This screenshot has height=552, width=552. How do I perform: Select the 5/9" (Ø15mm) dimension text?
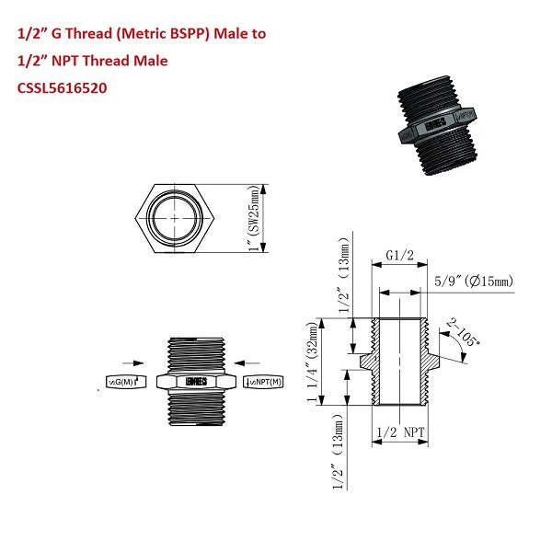point(472,281)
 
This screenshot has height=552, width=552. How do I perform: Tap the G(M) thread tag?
point(123,381)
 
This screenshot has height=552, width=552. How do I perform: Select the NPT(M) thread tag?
point(263,381)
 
